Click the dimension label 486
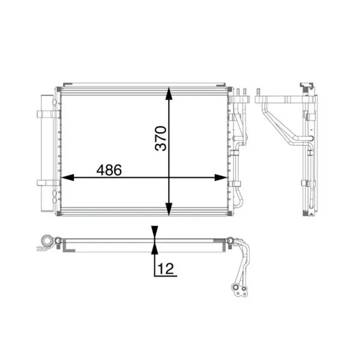point(109,170)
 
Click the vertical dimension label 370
point(161,138)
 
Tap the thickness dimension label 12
point(166,269)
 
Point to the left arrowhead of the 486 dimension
point(68,178)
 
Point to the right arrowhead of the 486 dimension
point(221,178)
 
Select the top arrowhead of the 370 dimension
point(169,94)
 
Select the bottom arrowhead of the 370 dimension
point(169,209)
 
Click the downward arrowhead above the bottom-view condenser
point(155,232)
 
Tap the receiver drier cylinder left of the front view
point(47,153)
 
